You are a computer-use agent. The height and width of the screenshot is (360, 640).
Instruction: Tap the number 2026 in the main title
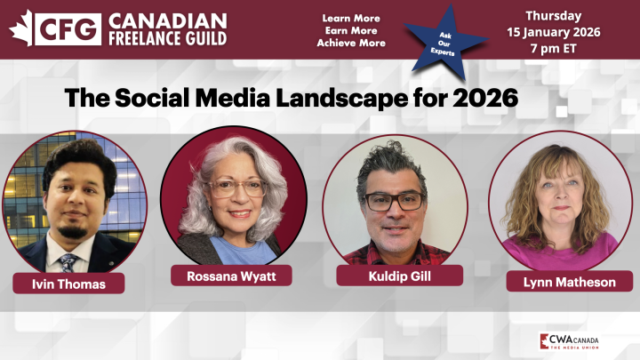point(484,97)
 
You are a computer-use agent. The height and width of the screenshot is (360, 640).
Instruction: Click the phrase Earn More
point(351,30)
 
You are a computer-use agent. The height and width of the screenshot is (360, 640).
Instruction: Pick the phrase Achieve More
point(351,43)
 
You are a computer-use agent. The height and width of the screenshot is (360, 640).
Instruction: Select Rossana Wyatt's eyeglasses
point(236,188)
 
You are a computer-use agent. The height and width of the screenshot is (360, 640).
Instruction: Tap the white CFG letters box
point(68,28)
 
